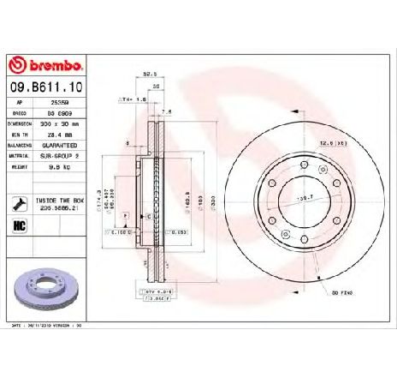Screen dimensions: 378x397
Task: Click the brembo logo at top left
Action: pos(44,66)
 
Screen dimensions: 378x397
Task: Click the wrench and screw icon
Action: pos(20,204)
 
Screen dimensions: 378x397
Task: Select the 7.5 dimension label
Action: pos(168,111)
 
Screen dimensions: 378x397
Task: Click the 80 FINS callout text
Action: pos(342,293)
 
